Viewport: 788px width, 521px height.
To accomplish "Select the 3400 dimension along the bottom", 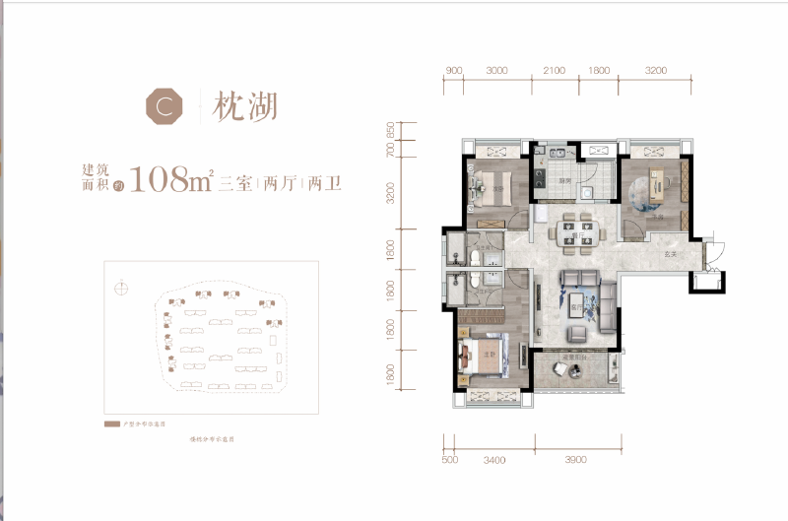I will pos(494,459).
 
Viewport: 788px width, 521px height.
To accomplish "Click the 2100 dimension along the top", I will pos(554,71).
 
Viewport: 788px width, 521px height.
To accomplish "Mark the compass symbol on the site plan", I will pos(121,289).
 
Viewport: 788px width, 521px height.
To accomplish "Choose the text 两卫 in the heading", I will pos(324,183).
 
